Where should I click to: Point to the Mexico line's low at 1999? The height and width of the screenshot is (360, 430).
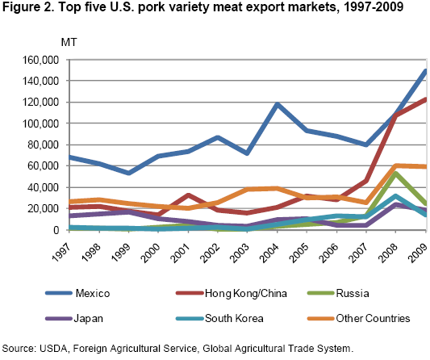(106, 173)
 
